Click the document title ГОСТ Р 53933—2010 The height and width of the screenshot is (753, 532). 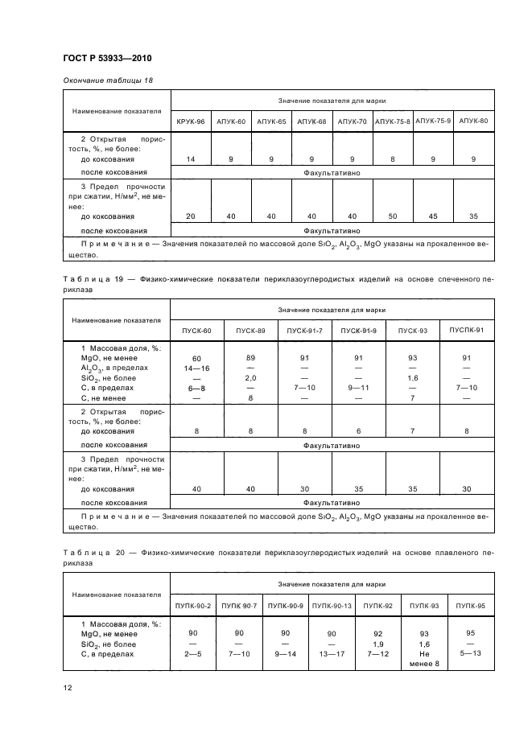click(x=107, y=59)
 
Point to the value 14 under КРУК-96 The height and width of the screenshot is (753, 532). click(x=191, y=159)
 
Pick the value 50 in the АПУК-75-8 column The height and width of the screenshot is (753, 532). click(x=393, y=216)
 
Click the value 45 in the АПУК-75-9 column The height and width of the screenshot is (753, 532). click(x=433, y=216)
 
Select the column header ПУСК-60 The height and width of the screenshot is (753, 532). click(x=196, y=331)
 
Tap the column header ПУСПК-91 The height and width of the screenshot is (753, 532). click(x=466, y=331)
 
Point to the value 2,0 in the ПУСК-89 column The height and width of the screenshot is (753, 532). click(x=250, y=376)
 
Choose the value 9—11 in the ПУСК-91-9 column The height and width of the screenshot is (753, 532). click(x=358, y=387)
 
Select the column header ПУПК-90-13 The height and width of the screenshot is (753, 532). click(x=332, y=605)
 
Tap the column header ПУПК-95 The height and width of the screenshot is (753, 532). click(x=469, y=605)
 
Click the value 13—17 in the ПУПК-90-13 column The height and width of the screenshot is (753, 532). click(x=332, y=654)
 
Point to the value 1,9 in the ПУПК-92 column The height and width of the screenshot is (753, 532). click(x=377, y=644)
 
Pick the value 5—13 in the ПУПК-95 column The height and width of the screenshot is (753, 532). click(x=469, y=652)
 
